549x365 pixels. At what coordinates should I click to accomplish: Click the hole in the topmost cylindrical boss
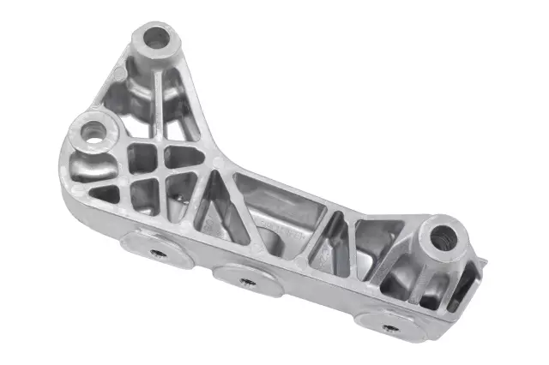pyautogui.click(x=157, y=37)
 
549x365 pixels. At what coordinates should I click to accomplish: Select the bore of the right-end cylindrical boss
pyautogui.click(x=443, y=237)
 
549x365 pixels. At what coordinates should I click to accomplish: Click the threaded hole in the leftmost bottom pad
pyautogui.click(x=158, y=253)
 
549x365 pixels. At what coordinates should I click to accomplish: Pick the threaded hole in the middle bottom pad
pyautogui.click(x=247, y=281)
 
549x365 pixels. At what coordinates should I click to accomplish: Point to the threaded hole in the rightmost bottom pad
pyautogui.click(x=389, y=326)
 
